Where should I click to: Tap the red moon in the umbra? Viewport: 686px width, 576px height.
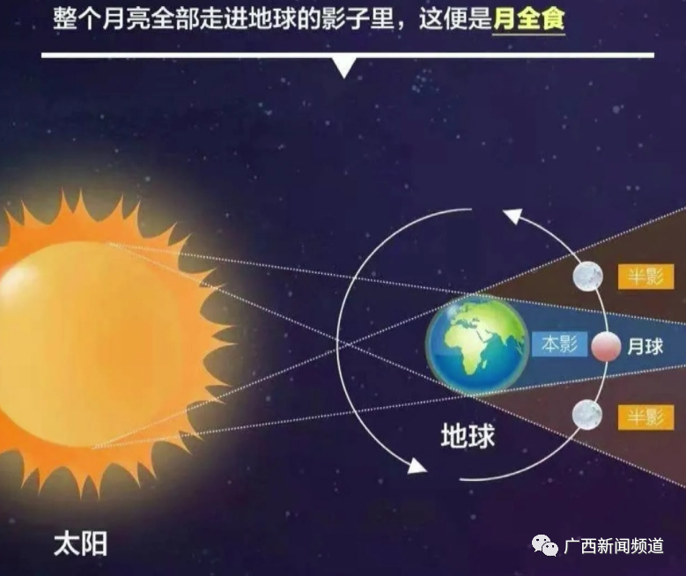tap(606, 346)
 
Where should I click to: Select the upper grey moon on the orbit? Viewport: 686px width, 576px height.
tap(588, 277)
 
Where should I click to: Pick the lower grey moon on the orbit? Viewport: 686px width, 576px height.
tap(587, 415)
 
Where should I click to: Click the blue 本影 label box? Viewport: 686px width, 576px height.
tap(559, 344)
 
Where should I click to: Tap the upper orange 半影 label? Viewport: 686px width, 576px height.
tap(645, 277)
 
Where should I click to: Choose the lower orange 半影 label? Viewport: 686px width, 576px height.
tap(645, 417)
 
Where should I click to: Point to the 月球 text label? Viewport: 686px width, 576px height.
tap(645, 347)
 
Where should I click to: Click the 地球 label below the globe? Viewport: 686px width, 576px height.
tap(468, 435)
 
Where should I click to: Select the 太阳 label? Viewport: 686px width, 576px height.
tap(80, 544)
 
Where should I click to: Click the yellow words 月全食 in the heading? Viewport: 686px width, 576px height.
tap(528, 19)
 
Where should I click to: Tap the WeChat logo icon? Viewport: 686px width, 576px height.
tap(545, 545)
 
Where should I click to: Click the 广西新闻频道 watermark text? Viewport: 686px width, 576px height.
tap(614, 546)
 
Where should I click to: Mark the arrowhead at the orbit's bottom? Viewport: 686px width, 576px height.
tap(417, 467)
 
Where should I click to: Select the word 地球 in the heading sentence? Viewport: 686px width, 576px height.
tap(272, 19)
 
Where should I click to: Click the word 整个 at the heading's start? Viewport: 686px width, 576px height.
tap(77, 19)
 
